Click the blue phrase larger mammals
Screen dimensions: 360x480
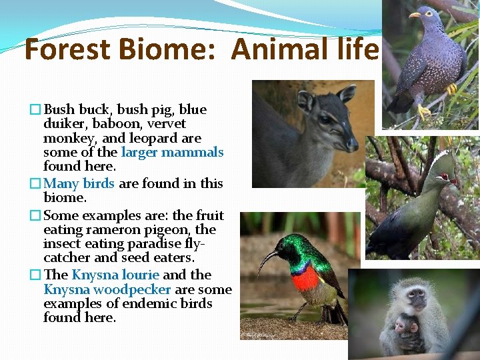coord(172,152)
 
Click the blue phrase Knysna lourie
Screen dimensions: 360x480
coord(115,275)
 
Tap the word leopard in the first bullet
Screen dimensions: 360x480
coord(156,138)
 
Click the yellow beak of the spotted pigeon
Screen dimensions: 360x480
coord(415,15)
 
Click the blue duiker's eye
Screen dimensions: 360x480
coord(325,120)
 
